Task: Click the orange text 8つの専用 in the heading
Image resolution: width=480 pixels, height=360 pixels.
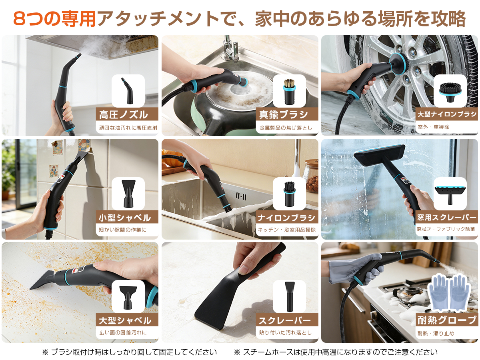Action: tap(55, 18)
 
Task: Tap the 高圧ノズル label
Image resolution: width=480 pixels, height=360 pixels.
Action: tap(124, 115)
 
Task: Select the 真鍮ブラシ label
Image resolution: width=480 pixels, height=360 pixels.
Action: tap(284, 115)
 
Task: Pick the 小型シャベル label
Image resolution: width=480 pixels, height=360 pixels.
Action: tap(125, 218)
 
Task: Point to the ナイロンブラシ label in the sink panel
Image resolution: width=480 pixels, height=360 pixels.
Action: tap(286, 218)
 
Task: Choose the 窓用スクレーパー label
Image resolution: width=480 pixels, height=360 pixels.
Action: tap(447, 218)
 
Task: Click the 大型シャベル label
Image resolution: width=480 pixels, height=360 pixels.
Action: tap(125, 321)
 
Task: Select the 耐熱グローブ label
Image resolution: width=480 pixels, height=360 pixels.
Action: tap(447, 320)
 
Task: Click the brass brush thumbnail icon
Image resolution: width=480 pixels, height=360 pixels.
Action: tap(289, 91)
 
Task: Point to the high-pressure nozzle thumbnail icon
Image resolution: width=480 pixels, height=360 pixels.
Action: tap(128, 91)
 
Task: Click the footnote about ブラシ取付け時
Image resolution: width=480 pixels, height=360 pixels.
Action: tap(130, 352)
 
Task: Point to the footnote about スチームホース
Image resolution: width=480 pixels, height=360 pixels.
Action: tap(336, 352)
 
